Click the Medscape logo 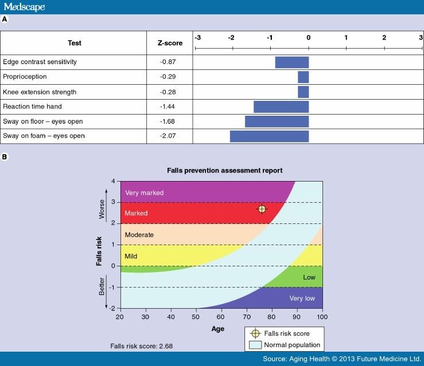point(24,7)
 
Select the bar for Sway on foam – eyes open point(269,136)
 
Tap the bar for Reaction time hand point(281,107)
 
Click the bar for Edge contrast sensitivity point(291,62)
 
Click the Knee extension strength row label point(40,92)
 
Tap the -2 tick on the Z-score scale point(232,38)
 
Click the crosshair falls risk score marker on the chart point(262,209)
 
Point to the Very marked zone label point(144,193)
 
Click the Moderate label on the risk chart point(139,235)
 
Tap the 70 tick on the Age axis point(247,317)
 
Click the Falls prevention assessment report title point(224,171)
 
